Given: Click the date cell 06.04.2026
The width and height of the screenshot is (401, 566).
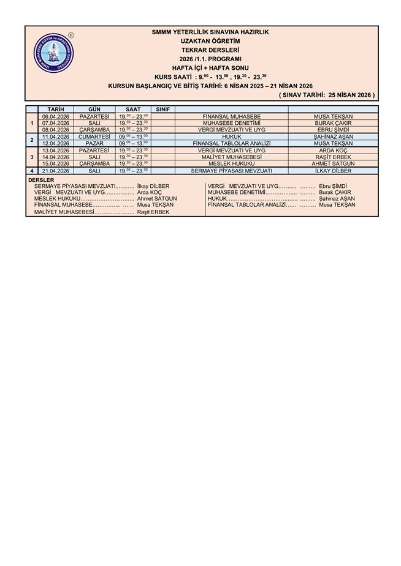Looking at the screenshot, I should tap(56, 116).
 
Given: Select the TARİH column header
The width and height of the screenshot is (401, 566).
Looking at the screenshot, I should tap(56, 109).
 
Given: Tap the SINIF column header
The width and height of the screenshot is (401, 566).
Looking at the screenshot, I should tap(162, 109).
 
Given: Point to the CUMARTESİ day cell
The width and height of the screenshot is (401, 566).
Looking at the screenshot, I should tap(94, 136).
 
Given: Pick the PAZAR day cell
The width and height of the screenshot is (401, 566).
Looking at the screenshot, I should tap(94, 143).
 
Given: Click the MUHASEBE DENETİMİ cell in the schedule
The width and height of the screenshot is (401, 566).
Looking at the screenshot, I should tap(231, 123).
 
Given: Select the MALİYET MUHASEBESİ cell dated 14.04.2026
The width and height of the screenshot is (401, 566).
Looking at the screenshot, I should tap(231, 157).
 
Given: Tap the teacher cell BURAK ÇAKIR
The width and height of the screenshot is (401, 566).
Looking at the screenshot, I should tap(333, 123).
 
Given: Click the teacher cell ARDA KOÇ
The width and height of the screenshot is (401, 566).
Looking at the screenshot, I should tap(333, 150).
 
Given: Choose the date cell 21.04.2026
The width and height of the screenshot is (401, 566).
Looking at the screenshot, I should tap(56, 171).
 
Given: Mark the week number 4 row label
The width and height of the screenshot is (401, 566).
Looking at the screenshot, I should tap(32, 171).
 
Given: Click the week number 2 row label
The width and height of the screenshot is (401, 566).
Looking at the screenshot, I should tap(32, 140).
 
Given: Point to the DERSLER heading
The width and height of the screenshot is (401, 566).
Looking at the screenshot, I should tap(42, 180).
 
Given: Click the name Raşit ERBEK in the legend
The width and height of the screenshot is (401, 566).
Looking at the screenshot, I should tap(153, 212).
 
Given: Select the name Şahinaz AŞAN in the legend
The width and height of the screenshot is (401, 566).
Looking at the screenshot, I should tap(337, 198).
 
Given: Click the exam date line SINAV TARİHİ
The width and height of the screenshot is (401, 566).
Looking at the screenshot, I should tap(326, 95).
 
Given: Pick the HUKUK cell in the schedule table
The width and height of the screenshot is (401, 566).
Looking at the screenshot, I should tap(231, 136).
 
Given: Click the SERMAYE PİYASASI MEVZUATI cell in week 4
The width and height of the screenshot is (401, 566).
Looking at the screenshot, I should tap(231, 171).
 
